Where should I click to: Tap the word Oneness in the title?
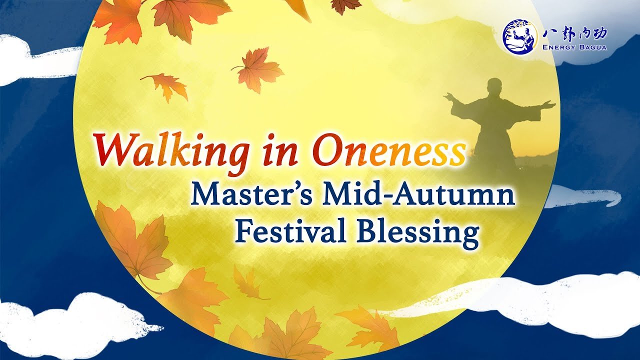coord(389,150)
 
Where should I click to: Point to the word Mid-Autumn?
coord(418,195)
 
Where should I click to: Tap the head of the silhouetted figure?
coord(494,86)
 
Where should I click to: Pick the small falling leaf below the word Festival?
coord(247,282)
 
